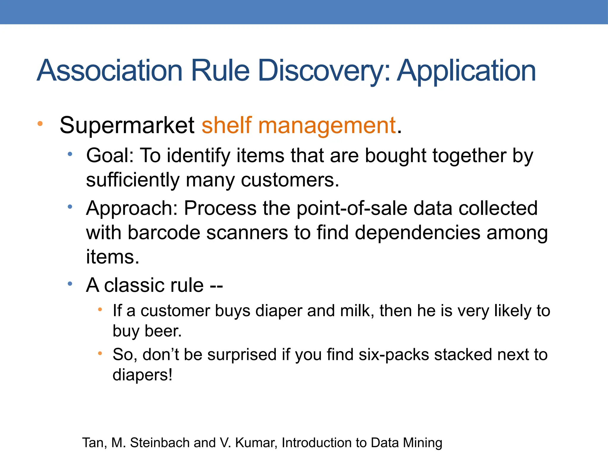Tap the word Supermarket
point(127,125)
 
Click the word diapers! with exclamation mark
point(142,375)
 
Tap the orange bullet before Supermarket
point(40,123)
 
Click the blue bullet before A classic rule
point(70,284)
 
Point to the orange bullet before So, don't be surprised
point(100,353)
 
